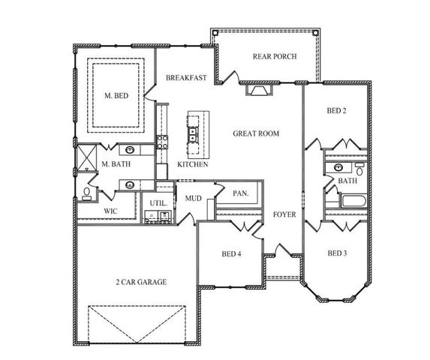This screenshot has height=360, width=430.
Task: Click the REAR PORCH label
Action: (x=275, y=56)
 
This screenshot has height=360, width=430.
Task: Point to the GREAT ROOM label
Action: (x=256, y=133)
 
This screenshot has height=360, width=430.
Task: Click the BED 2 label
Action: (x=336, y=111)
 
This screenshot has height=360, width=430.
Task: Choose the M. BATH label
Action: (x=116, y=164)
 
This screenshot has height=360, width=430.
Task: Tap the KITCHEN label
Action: (x=192, y=164)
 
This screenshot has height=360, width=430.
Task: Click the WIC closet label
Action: (x=110, y=211)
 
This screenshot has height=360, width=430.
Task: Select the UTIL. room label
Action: (x=158, y=203)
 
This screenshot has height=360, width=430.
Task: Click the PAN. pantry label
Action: (x=240, y=193)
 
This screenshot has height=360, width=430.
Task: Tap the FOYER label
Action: (x=284, y=214)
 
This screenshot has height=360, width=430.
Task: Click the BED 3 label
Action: (x=338, y=253)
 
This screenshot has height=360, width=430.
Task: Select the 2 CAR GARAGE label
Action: (x=141, y=282)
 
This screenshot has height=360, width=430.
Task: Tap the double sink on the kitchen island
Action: (x=192, y=135)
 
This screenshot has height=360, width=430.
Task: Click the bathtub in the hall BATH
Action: (x=350, y=201)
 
